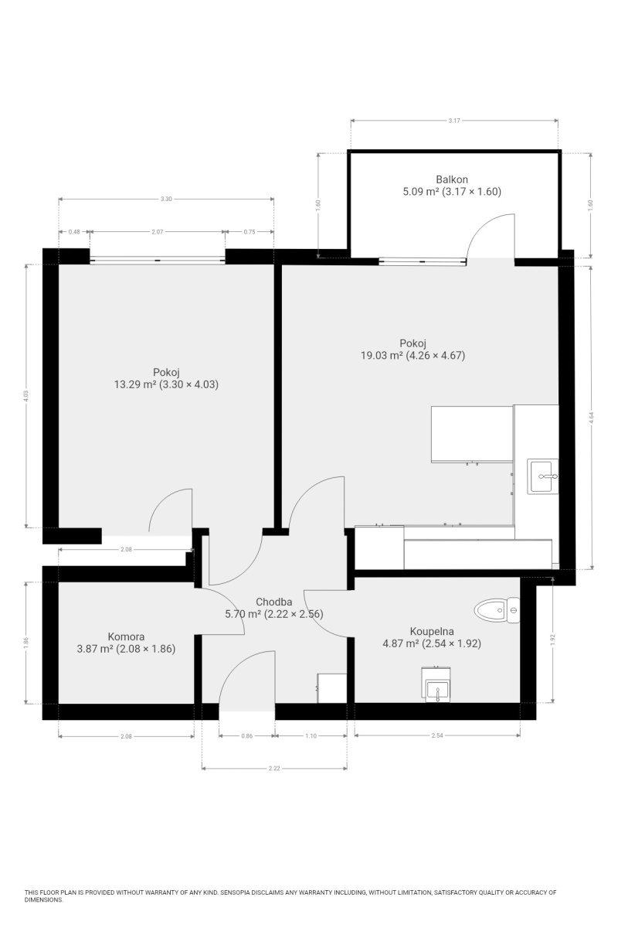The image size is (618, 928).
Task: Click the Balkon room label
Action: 452,179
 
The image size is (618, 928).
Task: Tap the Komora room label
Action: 126,636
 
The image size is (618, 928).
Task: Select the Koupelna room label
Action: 432,631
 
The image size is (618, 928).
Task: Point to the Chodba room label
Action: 273,602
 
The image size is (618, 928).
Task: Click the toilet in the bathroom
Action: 496,610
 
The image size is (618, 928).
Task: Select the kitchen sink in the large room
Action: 542,476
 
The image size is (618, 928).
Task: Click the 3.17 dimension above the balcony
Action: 454,121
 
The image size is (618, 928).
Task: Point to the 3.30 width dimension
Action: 166,199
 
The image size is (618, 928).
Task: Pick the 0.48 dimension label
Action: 74,232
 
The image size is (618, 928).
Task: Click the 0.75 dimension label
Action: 250,232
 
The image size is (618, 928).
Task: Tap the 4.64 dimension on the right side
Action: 592,417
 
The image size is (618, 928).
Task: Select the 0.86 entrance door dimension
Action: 246,735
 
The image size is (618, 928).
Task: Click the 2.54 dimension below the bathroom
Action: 437,735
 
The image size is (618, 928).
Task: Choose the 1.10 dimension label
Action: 311,735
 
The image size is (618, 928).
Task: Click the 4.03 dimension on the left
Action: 26,396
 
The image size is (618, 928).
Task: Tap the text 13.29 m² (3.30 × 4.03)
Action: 166,384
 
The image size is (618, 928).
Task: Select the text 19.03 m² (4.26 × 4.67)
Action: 413,355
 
